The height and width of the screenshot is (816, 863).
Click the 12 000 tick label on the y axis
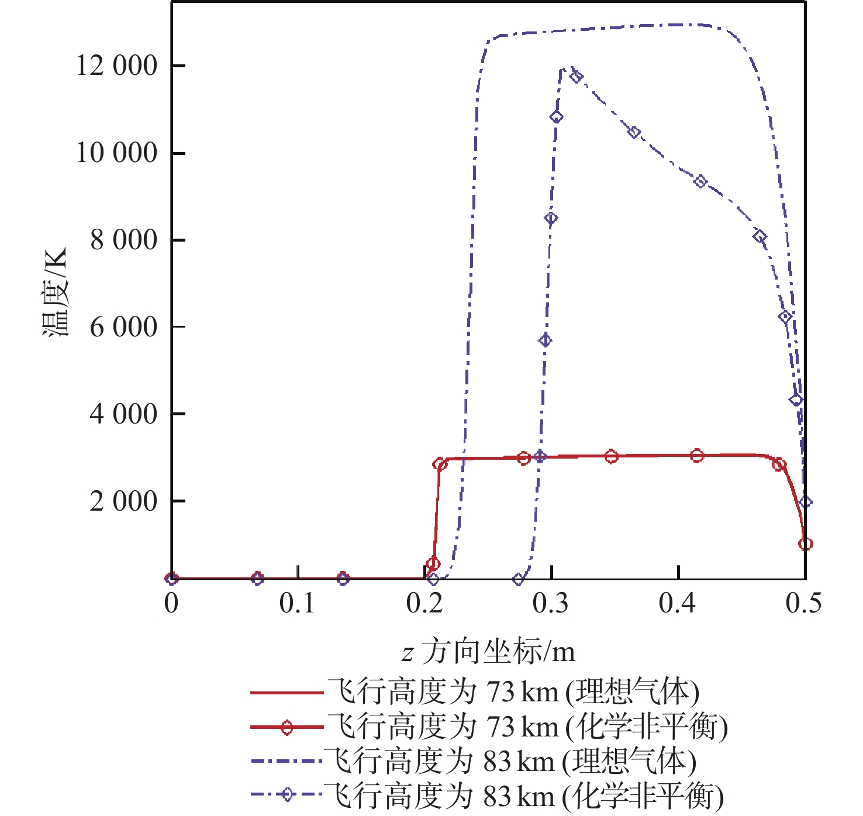click(117, 66)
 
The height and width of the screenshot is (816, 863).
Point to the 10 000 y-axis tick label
click(117, 153)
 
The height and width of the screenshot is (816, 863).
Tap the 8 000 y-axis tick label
click(123, 240)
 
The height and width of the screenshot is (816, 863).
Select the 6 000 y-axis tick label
click(123, 326)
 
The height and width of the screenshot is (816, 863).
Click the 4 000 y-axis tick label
click(123, 414)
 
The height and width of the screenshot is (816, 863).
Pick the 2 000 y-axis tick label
click(123, 501)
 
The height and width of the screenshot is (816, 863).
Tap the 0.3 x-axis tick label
click(551, 603)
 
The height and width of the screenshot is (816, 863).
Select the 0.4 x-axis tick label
click(678, 603)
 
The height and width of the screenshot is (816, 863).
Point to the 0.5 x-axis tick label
click(804, 603)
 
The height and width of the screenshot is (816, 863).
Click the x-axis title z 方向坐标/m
click(489, 652)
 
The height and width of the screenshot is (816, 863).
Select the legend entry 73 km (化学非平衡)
click(526, 727)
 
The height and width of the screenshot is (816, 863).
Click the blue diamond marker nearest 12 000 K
click(576, 77)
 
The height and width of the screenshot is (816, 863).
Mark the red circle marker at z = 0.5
click(805, 544)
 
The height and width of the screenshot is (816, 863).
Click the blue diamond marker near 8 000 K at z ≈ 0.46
click(760, 236)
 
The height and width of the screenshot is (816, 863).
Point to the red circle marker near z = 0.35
click(611, 457)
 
